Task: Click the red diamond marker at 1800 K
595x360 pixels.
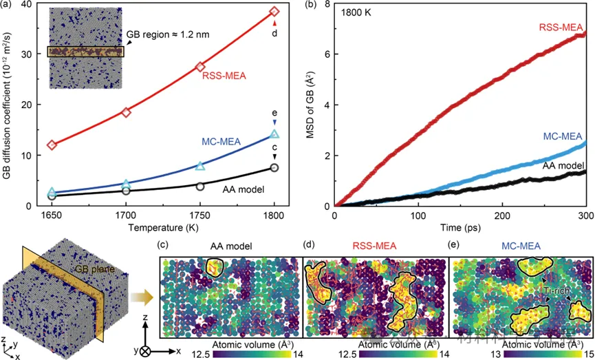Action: coord(274,12)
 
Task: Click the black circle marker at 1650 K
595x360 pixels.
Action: coord(52,195)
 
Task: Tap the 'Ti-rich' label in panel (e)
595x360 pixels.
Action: coord(537,290)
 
